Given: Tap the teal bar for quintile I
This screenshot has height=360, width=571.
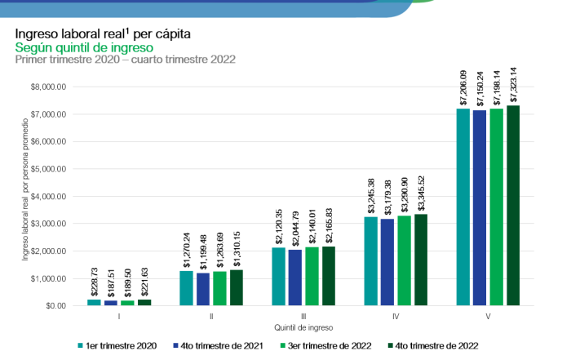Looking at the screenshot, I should (x=95, y=302).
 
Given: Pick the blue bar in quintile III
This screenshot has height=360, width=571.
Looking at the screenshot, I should (x=294, y=278).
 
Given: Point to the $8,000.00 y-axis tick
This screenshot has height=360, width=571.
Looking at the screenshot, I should (x=48, y=87).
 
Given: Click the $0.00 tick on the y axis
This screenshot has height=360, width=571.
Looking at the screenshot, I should (x=55, y=305).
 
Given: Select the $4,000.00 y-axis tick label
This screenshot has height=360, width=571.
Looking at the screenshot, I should (x=48, y=196).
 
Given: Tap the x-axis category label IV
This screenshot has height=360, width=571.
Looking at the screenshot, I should (x=395, y=315).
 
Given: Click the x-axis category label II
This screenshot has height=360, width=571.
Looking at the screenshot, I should (x=211, y=315).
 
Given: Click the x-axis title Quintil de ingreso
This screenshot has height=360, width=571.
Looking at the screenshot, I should (x=303, y=327).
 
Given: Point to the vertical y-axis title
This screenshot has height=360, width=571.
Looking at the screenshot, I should (x=25, y=196).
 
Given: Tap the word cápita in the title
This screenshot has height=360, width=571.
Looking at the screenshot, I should (x=178, y=35).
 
